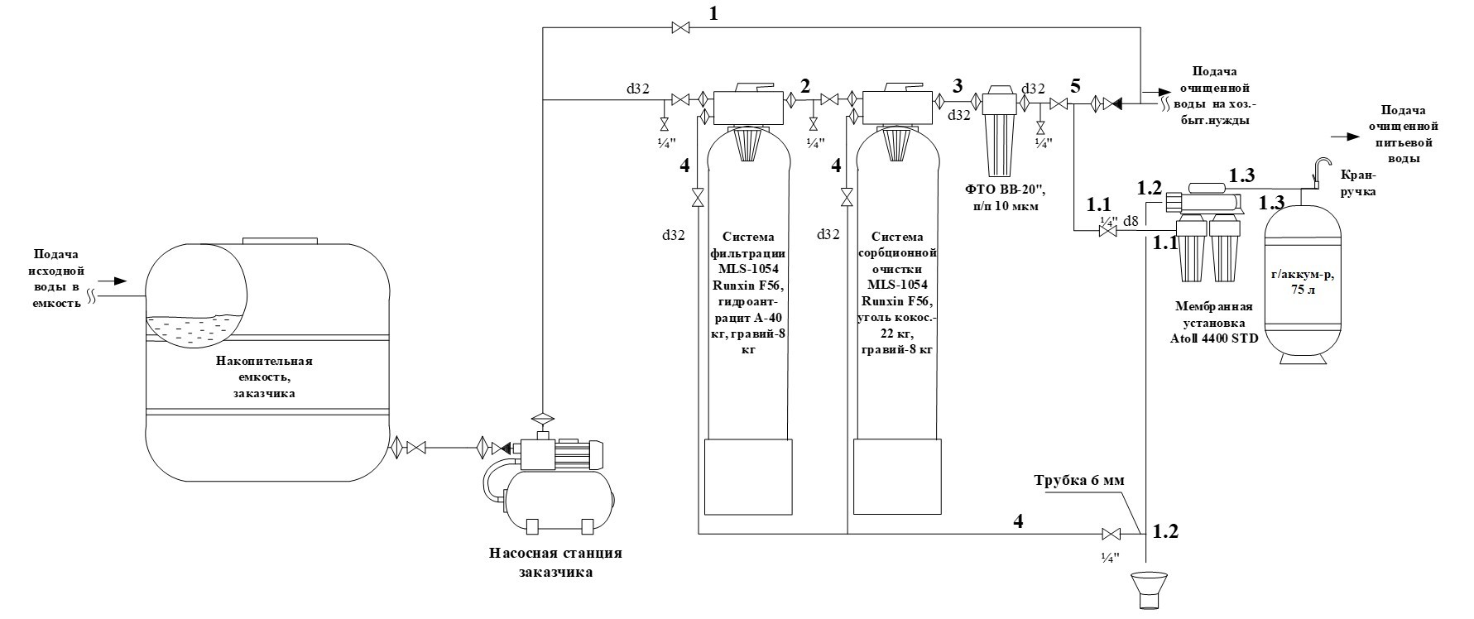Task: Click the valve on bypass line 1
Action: pyautogui.click(x=681, y=29)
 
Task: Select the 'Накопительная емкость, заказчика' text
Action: pyautogui.click(x=264, y=377)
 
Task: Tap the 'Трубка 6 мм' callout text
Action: pyautogui.click(x=1079, y=481)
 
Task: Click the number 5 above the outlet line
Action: pyautogui.click(x=1075, y=84)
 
